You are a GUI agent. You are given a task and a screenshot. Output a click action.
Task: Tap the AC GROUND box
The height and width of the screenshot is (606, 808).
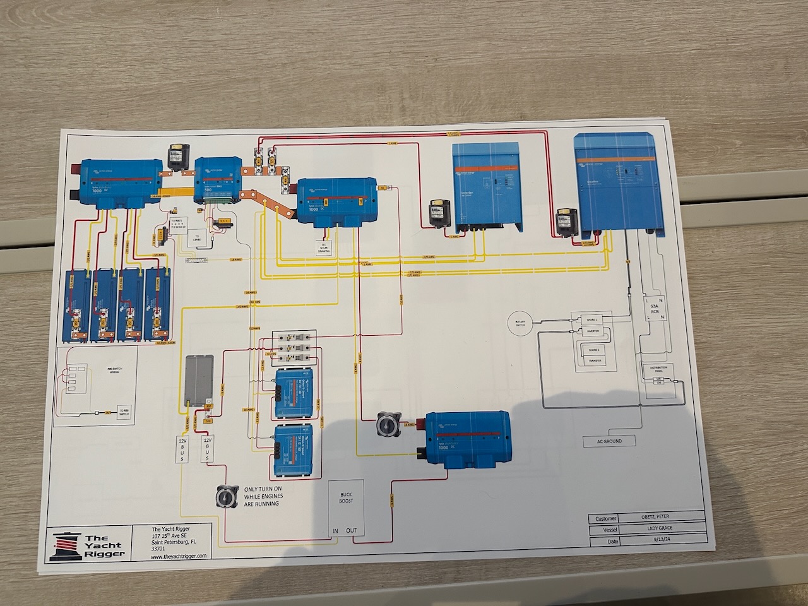pyautogui.click(x=609, y=441)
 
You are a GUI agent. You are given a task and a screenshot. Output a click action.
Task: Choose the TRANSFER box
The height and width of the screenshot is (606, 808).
pyautogui.click(x=593, y=361)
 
